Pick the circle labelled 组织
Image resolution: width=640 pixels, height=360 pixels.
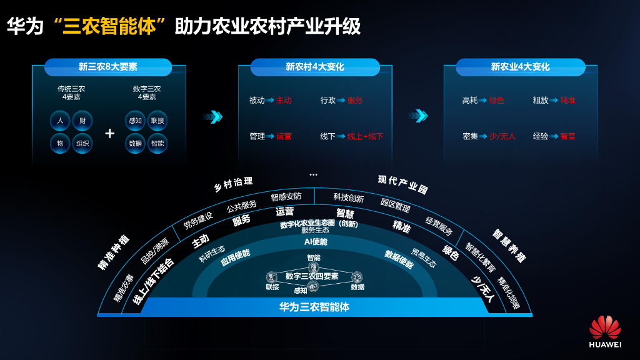pos(82,143)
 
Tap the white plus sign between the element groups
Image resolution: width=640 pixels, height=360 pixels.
pos(109,133)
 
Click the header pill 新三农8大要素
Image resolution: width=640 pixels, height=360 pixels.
pos(108,67)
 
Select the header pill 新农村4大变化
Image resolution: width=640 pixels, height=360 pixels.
pos(315,67)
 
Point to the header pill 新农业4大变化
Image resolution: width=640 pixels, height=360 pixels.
pos(520,67)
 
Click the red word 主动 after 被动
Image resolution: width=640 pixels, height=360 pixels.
pos(284,100)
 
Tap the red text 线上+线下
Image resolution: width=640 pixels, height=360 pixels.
pos(366,136)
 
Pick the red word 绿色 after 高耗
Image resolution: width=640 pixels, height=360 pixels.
pos(497,100)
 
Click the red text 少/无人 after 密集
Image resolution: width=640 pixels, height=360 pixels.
pos(502,136)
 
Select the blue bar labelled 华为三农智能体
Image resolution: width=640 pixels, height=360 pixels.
pos(314,307)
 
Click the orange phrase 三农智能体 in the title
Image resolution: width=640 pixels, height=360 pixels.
pos(109,27)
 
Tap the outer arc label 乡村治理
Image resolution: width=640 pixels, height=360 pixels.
pos(233,184)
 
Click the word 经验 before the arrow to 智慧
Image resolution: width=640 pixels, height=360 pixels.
pos(541,136)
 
